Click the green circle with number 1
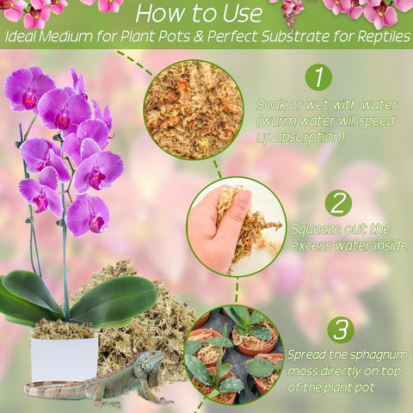click(318, 77)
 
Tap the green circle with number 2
click(338, 203)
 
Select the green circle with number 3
click(341, 330)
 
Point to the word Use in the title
click(243, 14)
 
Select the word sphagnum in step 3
click(379, 355)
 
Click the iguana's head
click(150, 362)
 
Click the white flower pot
click(65, 360)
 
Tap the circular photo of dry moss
click(194, 110)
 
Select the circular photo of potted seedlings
click(233, 354)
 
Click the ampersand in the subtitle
click(199, 37)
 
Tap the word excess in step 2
click(311, 246)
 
